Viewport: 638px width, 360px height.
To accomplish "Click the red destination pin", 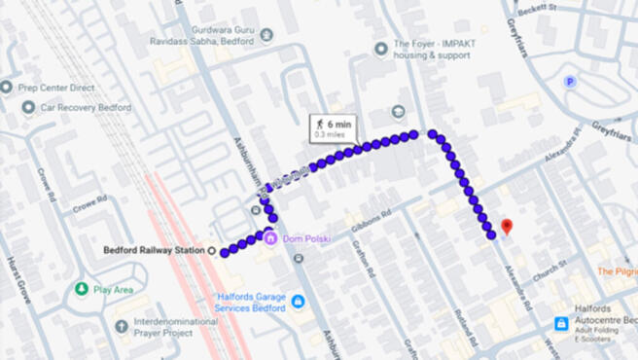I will [x=506, y=228].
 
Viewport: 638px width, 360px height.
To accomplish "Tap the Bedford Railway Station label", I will [x=154, y=250].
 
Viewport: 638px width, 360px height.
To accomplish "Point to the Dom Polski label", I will [x=305, y=239].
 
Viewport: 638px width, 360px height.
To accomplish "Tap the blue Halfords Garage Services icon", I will [x=298, y=302].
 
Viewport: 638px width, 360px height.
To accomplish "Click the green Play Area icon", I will [x=82, y=289].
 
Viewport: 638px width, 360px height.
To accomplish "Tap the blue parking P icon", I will [x=569, y=83].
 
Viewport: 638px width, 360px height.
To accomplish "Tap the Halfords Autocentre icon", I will [x=561, y=323].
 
